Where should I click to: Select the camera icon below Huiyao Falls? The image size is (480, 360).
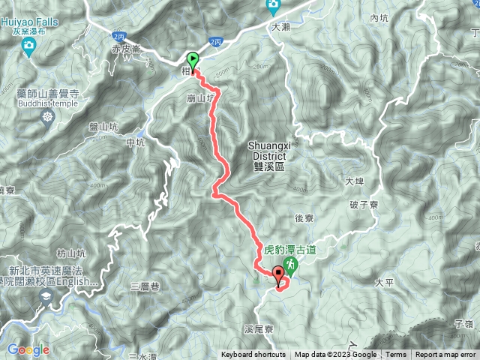(x=29, y=49)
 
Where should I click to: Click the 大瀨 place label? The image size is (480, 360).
(x=280, y=26)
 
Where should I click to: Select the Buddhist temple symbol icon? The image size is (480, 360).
(x=49, y=116)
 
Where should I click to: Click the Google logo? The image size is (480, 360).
(x=28, y=349)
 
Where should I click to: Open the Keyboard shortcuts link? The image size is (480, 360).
(x=253, y=355)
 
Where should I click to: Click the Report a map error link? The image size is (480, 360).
(x=447, y=355)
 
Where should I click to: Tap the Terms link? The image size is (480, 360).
(x=396, y=355)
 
